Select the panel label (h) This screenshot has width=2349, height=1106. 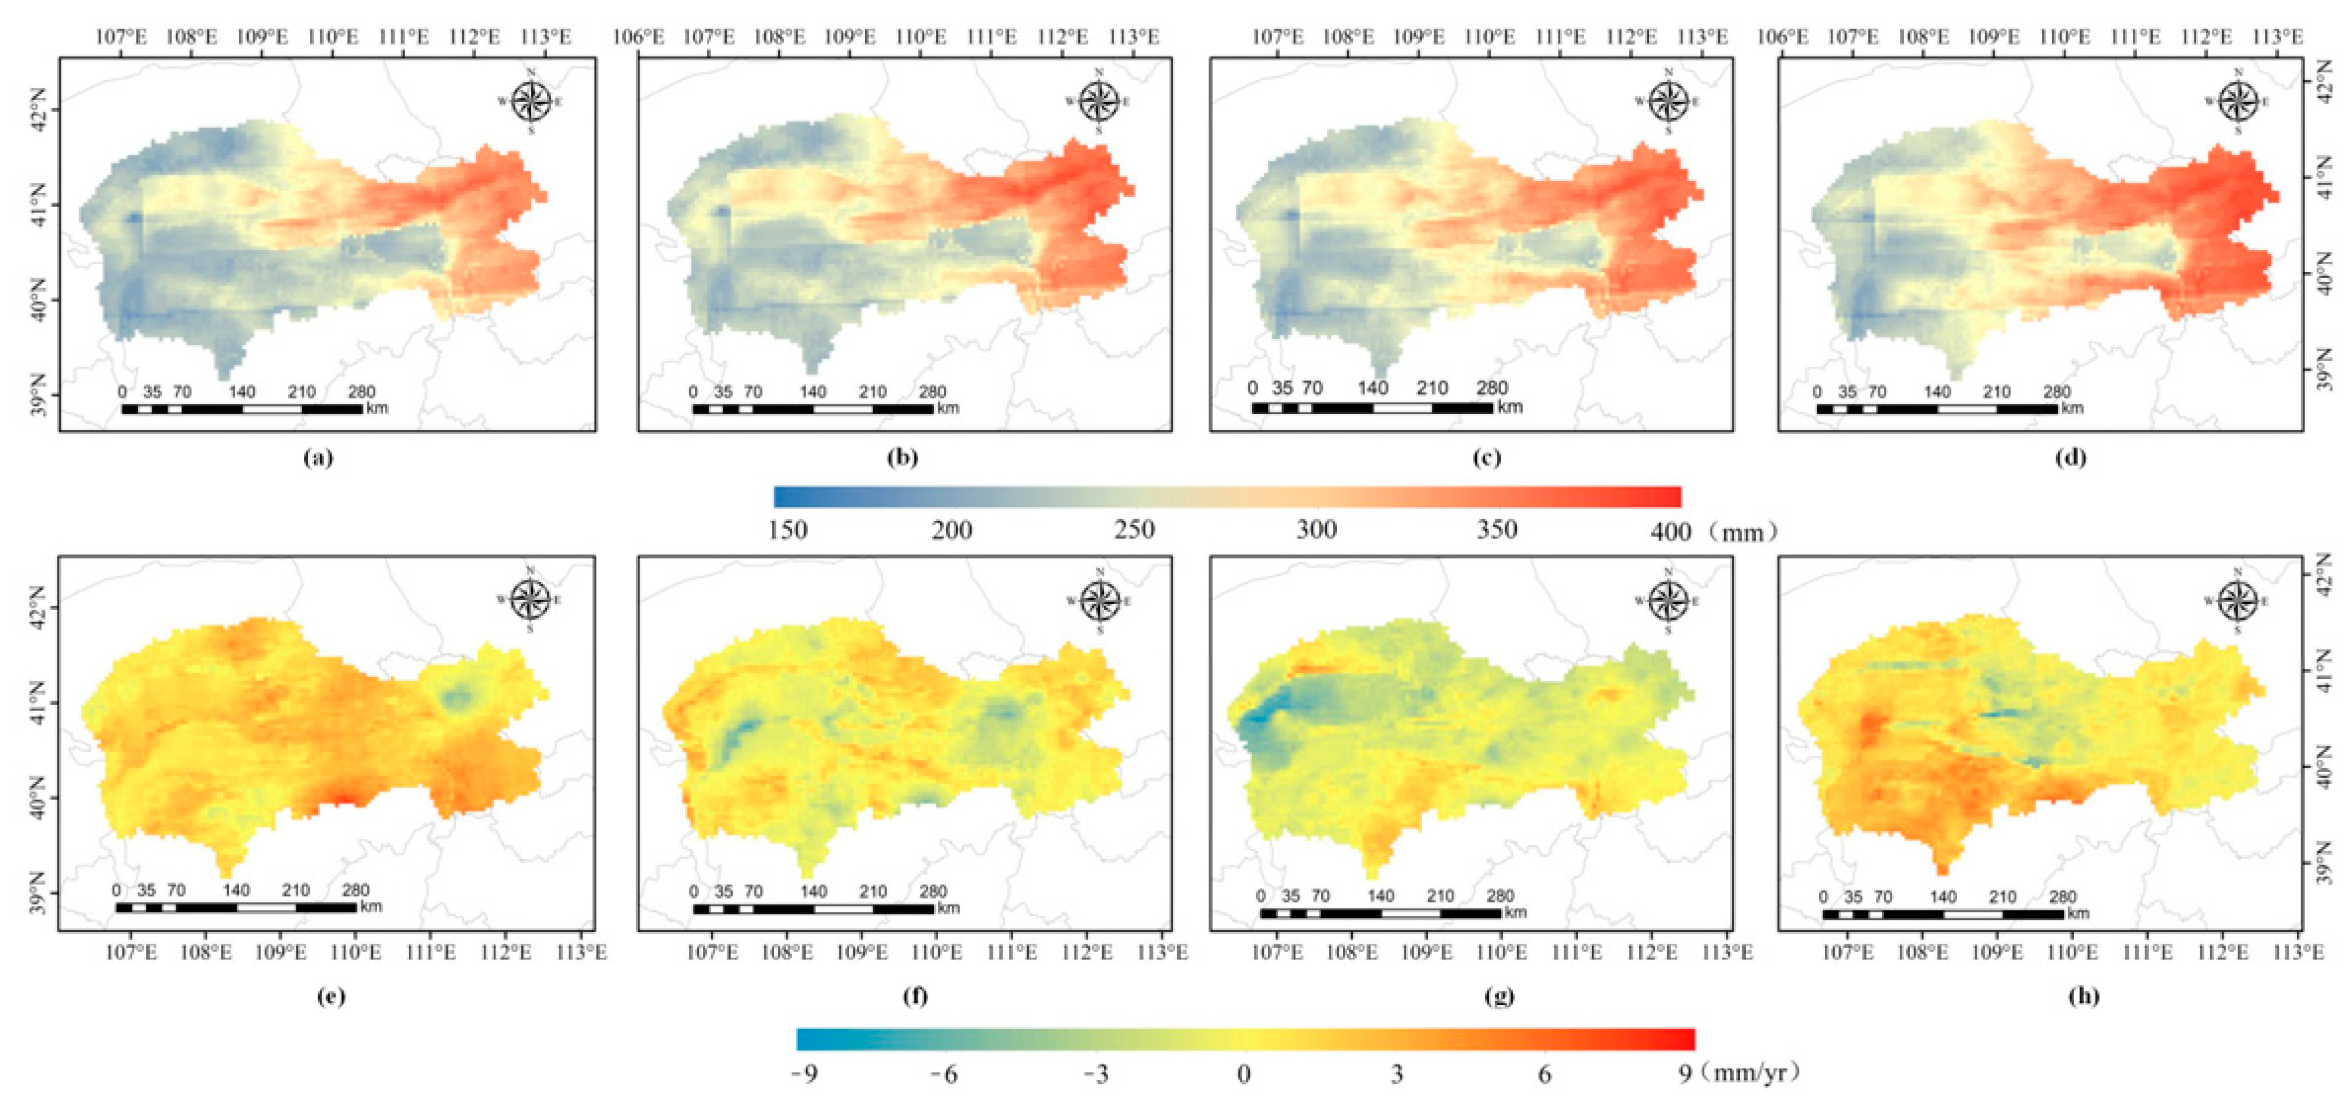(2084, 996)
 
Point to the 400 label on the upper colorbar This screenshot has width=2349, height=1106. (1671, 531)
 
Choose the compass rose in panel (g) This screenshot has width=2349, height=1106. (1668, 600)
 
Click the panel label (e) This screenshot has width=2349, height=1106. (331, 996)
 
